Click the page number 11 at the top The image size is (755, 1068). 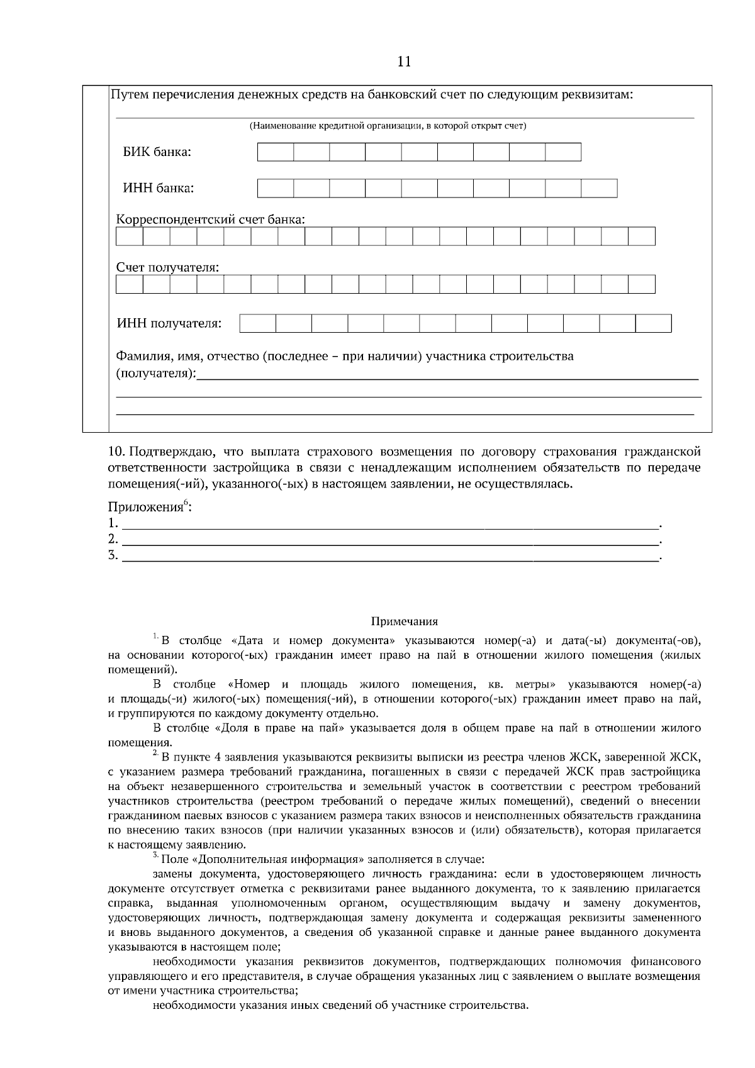coord(404,61)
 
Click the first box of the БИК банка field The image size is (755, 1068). coord(276,152)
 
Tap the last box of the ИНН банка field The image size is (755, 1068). coord(599,189)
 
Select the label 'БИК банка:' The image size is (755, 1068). coord(157,152)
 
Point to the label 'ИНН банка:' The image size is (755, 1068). coord(158,189)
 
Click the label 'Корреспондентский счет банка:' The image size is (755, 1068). coord(211,220)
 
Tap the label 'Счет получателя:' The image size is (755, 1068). coord(167,268)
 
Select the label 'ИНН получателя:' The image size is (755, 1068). coord(169,324)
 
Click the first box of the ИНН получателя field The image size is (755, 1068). coord(258,324)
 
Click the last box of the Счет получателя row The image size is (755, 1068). coord(641,284)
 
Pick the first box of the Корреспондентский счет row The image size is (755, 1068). coord(130,236)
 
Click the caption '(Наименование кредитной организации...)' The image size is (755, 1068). coord(388,126)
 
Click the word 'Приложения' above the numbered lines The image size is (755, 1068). coord(145,508)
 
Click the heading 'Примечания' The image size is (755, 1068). coord(404,622)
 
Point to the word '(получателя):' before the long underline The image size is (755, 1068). coord(156,374)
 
